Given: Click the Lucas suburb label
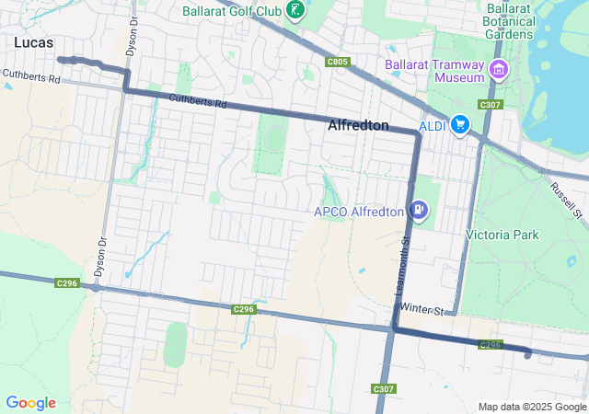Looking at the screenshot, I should point(33,43).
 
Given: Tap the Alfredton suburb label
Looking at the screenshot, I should point(358,125).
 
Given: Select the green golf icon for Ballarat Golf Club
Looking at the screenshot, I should point(295,11).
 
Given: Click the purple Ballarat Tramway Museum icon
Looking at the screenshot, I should point(499,70).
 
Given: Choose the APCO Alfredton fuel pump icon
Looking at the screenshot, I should point(419,211).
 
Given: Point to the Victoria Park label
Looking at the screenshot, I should point(502,235).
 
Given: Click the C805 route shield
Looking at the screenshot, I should point(338,62).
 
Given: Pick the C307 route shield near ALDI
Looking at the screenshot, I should point(491,105).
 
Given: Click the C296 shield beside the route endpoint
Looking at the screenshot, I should point(491,345).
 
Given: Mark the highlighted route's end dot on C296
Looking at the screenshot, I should point(527,354).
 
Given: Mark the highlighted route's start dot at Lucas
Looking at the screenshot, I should point(61,60).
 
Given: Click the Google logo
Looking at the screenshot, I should point(30,403).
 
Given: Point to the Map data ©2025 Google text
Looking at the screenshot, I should point(531,407).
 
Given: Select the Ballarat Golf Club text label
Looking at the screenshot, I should point(233,11).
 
